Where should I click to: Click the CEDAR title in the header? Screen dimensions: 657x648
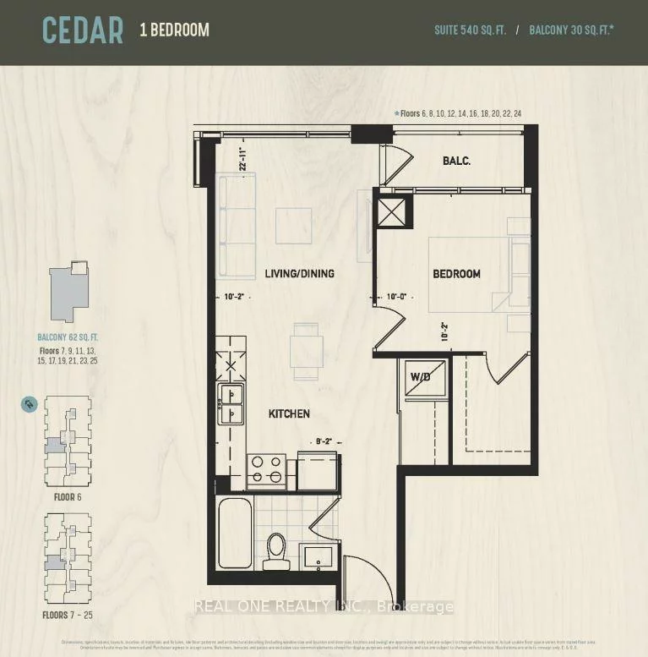coord(83,30)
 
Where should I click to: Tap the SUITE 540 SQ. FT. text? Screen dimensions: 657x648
coord(470,30)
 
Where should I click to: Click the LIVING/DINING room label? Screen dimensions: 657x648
coord(299,273)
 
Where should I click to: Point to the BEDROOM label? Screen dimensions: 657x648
coord(456,274)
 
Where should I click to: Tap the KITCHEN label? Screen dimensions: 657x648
coord(289,413)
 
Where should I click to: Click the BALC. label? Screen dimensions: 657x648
coord(456,162)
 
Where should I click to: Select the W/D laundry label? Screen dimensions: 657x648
coord(421,377)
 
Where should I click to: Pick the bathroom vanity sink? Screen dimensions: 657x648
coord(319,558)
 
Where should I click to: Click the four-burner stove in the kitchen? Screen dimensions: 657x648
coord(266,470)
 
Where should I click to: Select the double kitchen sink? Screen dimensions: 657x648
coord(230,403)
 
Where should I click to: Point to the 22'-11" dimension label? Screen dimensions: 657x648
coord(242,160)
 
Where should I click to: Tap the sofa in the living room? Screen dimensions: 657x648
coord(234,225)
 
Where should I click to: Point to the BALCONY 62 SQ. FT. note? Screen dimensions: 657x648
coord(68,336)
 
